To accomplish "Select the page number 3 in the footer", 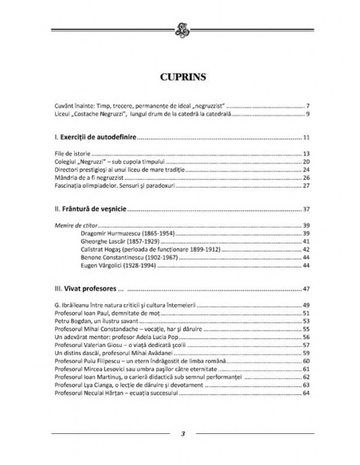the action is (x=182, y=433).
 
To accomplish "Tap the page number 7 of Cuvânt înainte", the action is (x=307, y=105).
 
